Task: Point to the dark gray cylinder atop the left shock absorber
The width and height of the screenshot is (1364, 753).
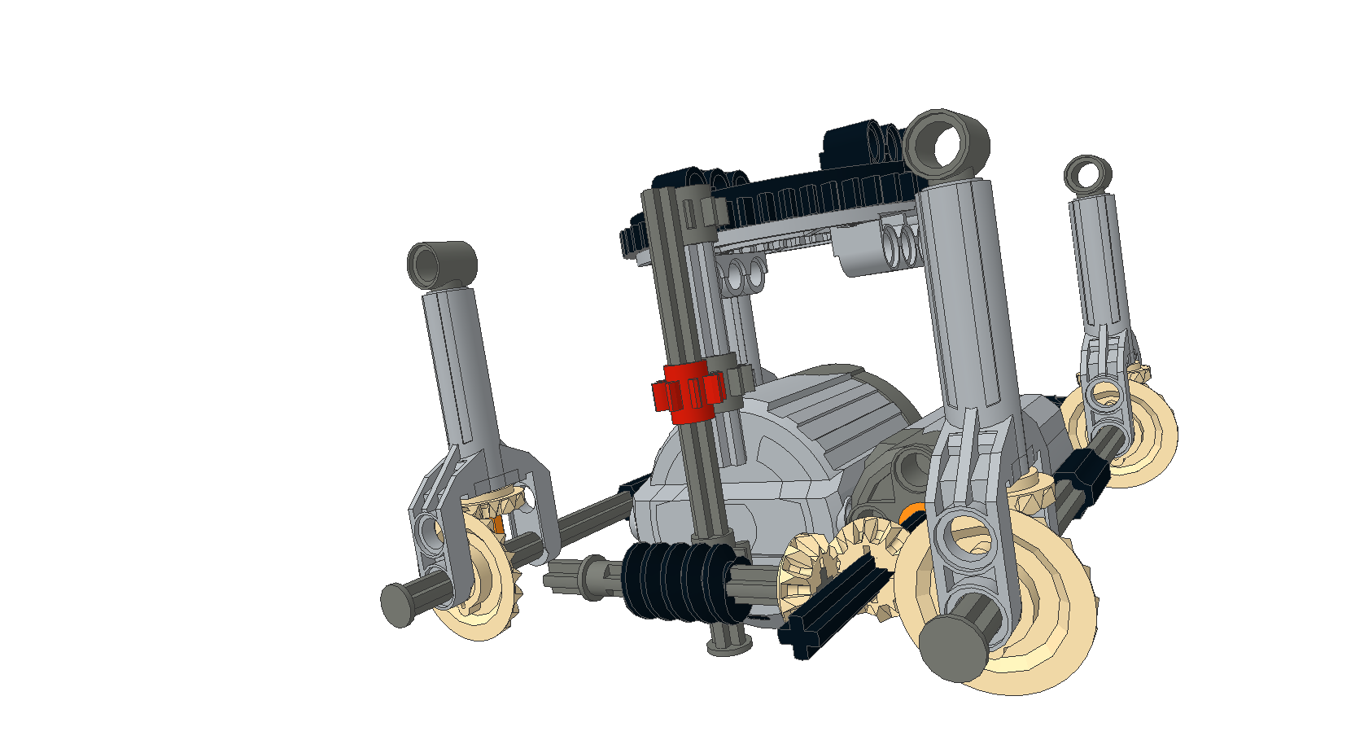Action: (x=442, y=264)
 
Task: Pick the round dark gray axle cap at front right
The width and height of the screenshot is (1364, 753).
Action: (x=954, y=647)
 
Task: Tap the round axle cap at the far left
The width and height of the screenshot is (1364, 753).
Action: (x=397, y=605)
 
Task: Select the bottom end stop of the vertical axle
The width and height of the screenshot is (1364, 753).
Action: (x=728, y=646)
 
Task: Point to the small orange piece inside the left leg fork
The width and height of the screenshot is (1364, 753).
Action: (x=497, y=525)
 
